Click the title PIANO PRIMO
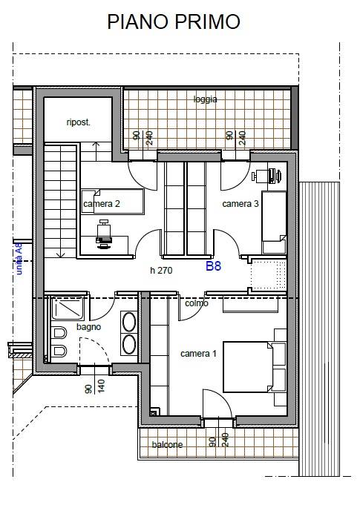[174, 22]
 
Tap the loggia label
[206, 99]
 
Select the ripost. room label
[79, 122]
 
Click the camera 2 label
[102, 204]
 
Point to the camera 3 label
[240, 204]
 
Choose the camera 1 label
[198, 354]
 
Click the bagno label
[88, 327]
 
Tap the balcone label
[167, 444]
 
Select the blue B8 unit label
[213, 266]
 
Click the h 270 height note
[161, 271]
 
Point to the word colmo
[197, 303]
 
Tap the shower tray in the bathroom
[67, 308]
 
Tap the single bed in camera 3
[274, 222]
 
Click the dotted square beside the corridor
[269, 274]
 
